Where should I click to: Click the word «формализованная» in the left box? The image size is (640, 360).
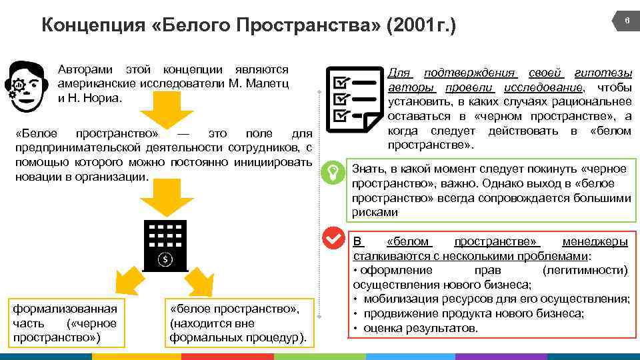coord(65,309)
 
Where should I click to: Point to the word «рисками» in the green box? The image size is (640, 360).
coord(375,213)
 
